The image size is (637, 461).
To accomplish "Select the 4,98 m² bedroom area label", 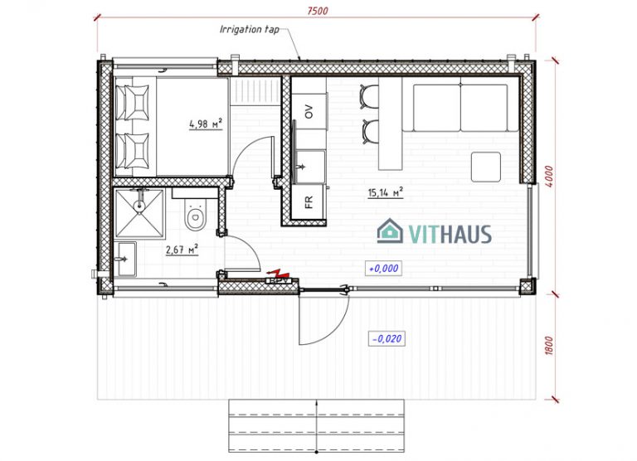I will coord(205,124).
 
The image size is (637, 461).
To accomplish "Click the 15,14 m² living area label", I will coord(385,193).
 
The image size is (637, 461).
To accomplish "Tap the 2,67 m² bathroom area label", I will coord(182,249).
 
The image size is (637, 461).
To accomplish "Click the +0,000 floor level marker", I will coord(383,268).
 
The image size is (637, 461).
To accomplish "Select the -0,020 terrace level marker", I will coord(387,339).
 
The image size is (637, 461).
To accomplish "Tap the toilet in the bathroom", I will coord(196,219).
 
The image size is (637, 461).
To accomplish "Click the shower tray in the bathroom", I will coord(140,212).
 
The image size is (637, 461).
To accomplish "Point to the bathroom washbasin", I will coord(125,259).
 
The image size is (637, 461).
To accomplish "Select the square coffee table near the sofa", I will coord(485,167).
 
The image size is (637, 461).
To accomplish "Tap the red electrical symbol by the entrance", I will coord(279,273).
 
